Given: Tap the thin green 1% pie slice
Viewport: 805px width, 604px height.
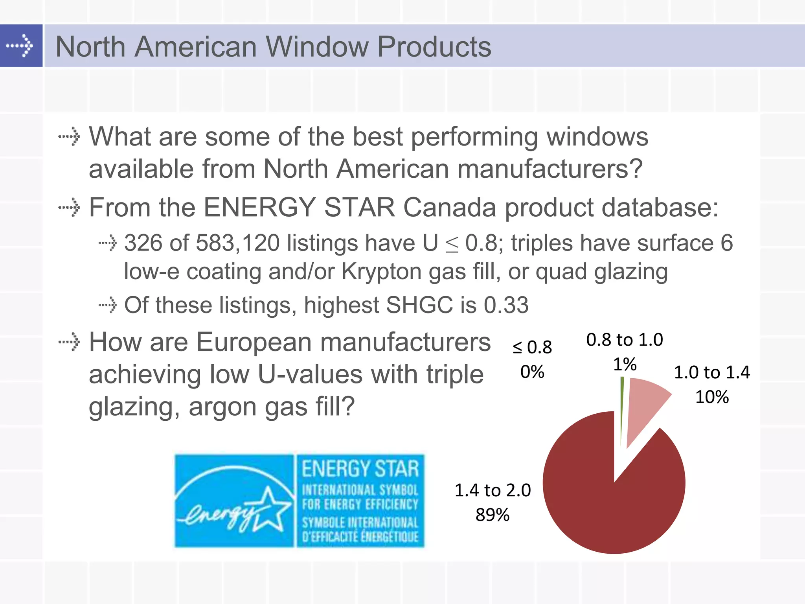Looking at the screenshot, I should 622,409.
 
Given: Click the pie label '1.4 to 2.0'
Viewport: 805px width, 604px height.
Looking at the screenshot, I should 493,490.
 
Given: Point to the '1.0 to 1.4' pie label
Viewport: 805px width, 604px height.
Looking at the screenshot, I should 712,372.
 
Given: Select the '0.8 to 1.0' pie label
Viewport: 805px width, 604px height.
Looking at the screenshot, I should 625,340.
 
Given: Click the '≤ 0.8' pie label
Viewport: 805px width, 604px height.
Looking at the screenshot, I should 532,347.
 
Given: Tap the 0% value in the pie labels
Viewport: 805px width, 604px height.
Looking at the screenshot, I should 532,372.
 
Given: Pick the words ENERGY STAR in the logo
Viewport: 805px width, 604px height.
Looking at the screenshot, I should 360,469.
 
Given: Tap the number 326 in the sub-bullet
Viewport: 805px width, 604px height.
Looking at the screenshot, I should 143,243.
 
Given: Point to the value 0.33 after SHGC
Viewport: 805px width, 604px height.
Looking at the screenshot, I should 506,305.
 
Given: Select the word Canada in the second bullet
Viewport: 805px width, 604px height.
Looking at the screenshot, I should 450,207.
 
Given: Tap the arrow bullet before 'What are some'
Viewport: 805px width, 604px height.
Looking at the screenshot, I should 70,137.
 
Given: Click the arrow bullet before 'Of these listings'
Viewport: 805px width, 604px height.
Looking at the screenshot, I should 108,305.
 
